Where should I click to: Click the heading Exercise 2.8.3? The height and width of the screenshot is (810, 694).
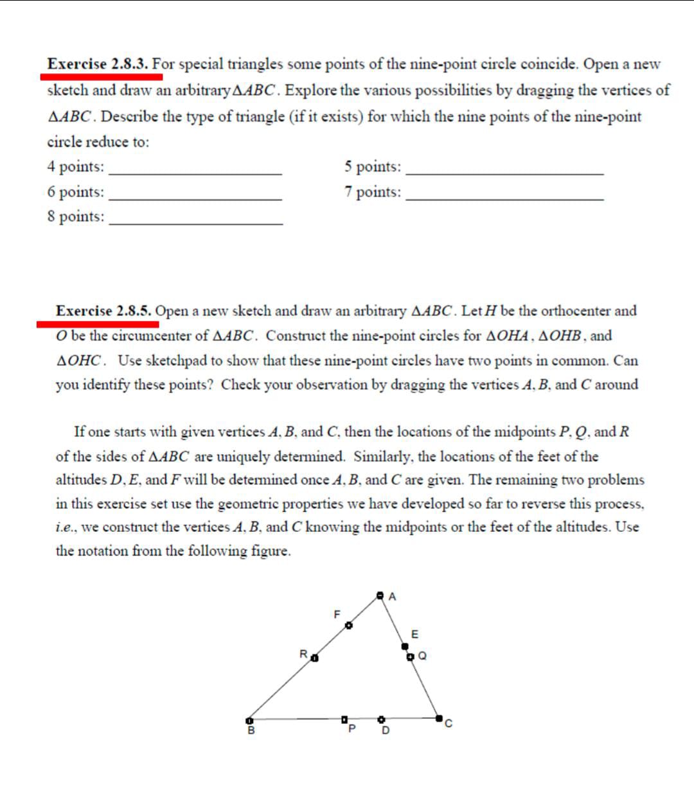[98, 64]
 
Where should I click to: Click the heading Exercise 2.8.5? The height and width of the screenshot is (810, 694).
[103, 311]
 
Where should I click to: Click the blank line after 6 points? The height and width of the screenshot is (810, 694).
[195, 198]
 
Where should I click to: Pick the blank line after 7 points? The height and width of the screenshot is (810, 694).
[505, 198]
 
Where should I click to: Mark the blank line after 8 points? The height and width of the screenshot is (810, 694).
[195, 223]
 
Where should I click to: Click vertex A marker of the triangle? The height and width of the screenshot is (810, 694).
[380, 596]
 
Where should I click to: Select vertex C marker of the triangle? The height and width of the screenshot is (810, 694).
[439, 718]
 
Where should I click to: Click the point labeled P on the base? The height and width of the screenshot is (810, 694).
[344, 719]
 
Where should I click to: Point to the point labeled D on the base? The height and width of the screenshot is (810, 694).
[381, 719]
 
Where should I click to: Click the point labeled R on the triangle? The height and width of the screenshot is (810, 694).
[314, 657]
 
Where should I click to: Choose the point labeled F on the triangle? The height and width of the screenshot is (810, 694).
[349, 624]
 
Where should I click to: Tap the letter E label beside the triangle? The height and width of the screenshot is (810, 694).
[414, 634]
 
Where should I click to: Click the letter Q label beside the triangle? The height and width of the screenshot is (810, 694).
[422, 656]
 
